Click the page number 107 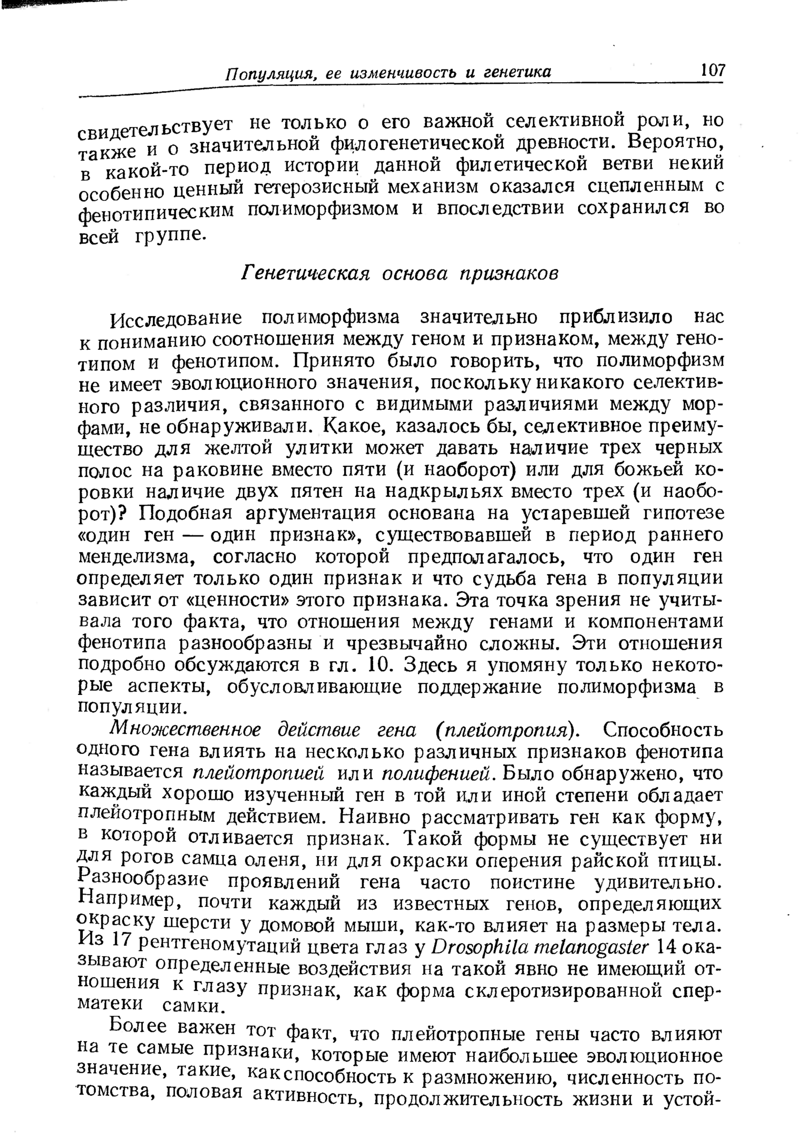[713, 70]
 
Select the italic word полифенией [440, 773]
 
